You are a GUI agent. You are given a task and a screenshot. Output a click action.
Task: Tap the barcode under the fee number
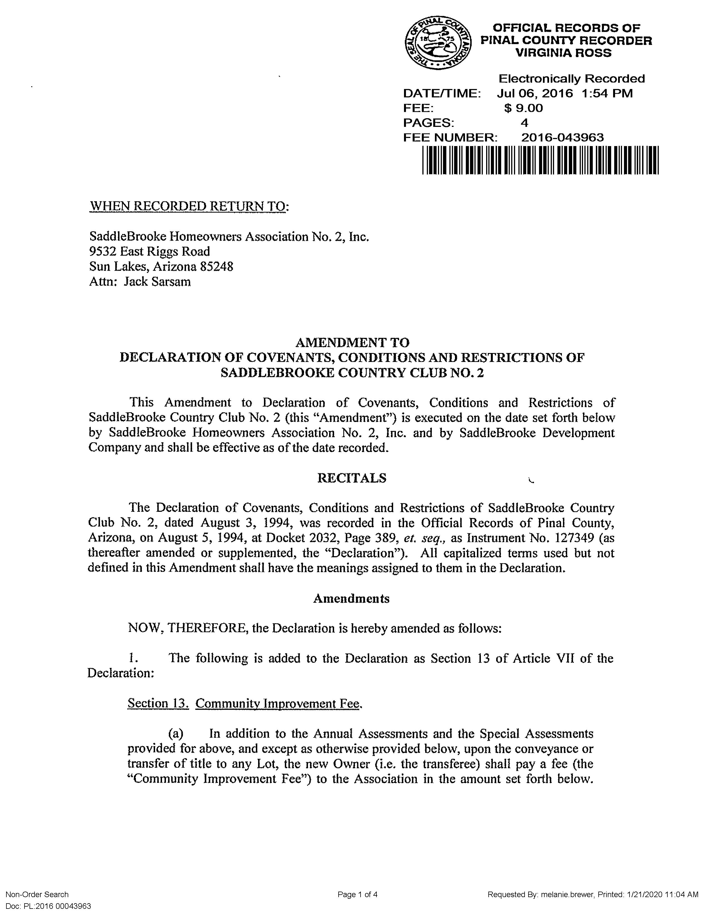[x=540, y=160]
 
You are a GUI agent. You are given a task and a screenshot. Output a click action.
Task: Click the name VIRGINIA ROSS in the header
[x=563, y=53]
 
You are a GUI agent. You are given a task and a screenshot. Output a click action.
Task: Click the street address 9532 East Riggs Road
[x=149, y=251]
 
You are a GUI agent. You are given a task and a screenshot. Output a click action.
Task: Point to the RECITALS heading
[x=352, y=478]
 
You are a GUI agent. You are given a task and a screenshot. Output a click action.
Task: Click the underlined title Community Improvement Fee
[x=278, y=704]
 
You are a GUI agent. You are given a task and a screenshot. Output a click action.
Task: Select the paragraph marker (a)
[x=176, y=734]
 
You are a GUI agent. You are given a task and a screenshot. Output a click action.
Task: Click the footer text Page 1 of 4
[x=358, y=894]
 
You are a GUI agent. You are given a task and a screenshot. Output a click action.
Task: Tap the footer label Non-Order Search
[x=37, y=894]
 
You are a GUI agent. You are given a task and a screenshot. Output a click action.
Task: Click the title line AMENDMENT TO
[x=352, y=342]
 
